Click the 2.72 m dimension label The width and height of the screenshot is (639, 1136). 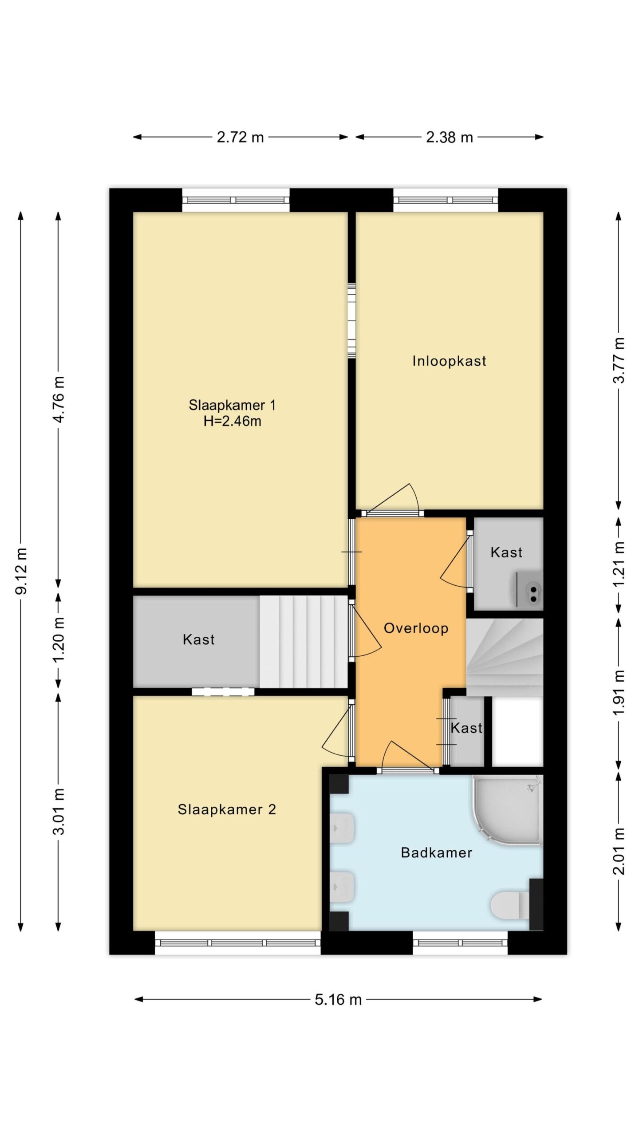(x=240, y=137)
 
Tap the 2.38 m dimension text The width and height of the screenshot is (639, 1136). (x=449, y=137)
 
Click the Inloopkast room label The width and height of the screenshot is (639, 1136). (x=449, y=361)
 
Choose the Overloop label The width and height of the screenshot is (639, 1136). (x=416, y=628)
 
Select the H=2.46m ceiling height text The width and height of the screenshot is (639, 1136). (x=232, y=421)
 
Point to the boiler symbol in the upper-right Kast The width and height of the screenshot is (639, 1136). (x=528, y=589)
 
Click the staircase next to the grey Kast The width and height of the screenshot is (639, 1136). (x=304, y=641)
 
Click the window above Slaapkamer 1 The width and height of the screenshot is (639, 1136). (x=236, y=200)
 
